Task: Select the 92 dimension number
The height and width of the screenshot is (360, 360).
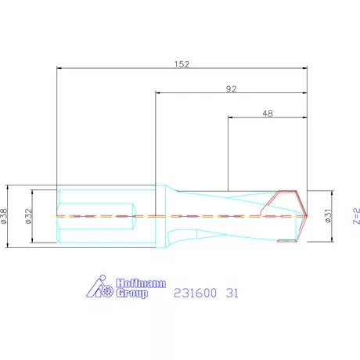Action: (231, 88)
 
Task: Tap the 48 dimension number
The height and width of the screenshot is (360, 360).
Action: (267, 113)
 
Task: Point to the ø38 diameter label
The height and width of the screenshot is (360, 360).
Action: (5, 215)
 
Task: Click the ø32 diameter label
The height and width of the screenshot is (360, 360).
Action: (29, 215)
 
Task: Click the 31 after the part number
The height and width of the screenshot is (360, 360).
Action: (232, 293)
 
